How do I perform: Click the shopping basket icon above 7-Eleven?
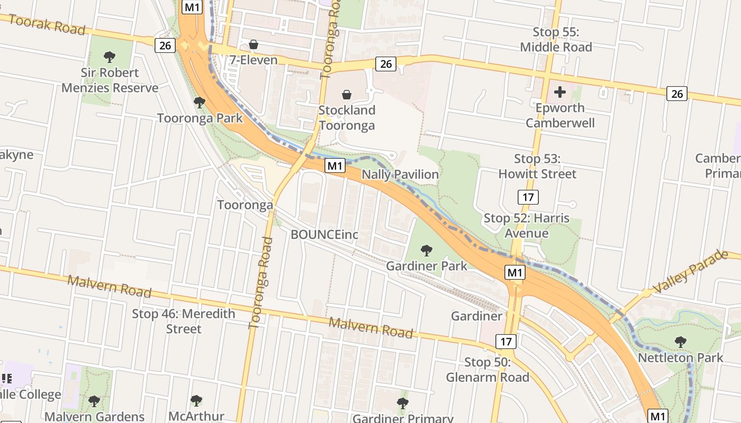pyautogui.click(x=254, y=44)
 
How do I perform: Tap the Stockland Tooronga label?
pyautogui.click(x=347, y=117)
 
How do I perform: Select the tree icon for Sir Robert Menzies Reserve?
pyautogui.click(x=110, y=57)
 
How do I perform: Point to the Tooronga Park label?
pyautogui.click(x=200, y=118)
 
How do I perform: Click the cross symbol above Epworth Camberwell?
pyautogui.click(x=559, y=93)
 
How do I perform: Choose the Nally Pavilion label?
pyautogui.click(x=400, y=174)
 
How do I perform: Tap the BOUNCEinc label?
pyautogui.click(x=324, y=234)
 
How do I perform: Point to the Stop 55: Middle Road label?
pyautogui.click(x=556, y=40)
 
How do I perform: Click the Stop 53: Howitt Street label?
pyautogui.click(x=537, y=166)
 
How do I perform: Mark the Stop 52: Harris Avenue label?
pyautogui.click(x=527, y=226)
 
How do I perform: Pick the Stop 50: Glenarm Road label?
pyautogui.click(x=487, y=370)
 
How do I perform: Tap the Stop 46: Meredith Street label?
pyautogui.click(x=184, y=321)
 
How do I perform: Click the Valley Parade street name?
pyautogui.click(x=691, y=272)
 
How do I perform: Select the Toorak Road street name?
pyautogui.click(x=47, y=24)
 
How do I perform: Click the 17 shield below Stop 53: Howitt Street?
pyautogui.click(x=528, y=198)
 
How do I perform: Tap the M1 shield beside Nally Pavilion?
pyautogui.click(x=335, y=165)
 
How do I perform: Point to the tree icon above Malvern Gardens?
pyautogui.click(x=94, y=401)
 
